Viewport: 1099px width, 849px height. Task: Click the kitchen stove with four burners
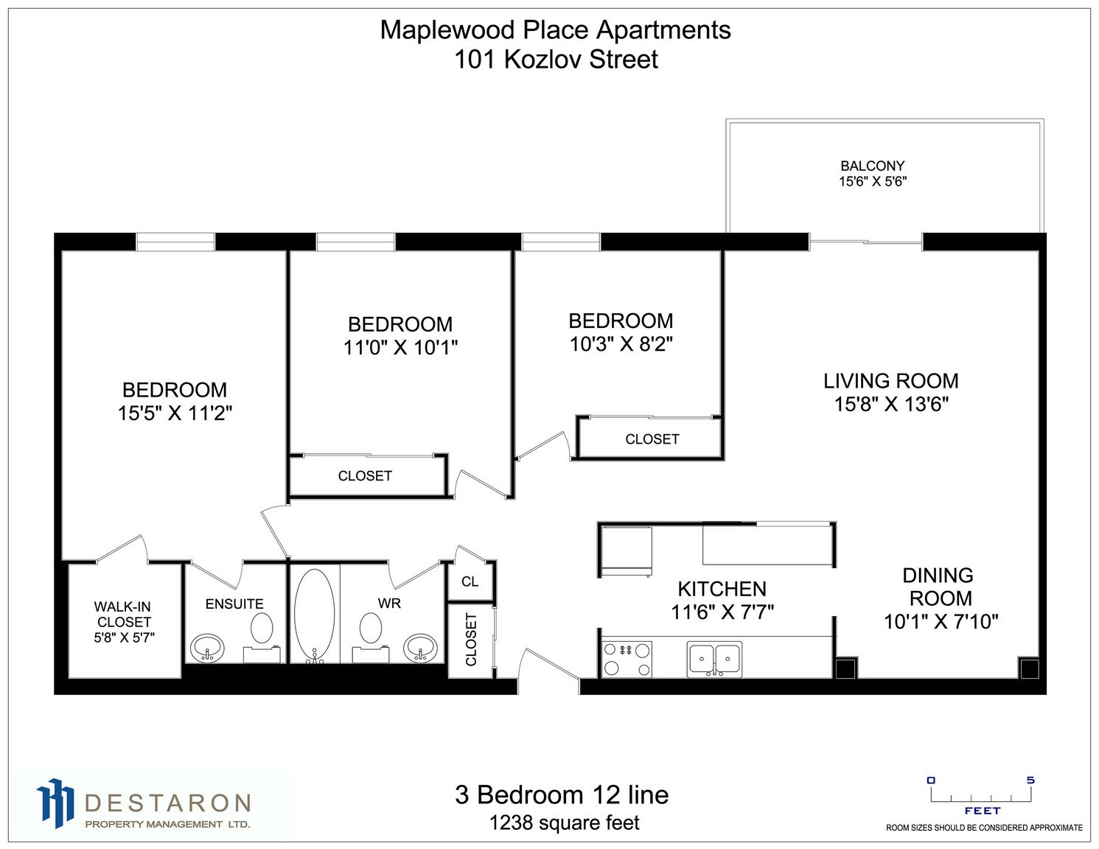click(x=627, y=659)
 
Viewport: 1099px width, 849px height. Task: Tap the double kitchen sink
click(x=714, y=659)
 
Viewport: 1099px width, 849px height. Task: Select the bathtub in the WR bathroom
click(x=314, y=615)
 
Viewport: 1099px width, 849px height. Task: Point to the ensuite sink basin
click(x=207, y=647)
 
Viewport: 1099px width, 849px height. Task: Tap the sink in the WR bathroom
click(x=420, y=647)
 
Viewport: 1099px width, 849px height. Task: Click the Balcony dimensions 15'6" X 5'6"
click(x=873, y=181)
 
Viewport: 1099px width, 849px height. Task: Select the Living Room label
click(x=890, y=381)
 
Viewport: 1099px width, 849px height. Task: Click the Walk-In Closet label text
click(x=124, y=614)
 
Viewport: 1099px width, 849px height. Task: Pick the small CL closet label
click(x=470, y=581)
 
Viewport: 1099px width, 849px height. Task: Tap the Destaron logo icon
click(x=55, y=803)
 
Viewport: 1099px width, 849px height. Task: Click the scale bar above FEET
click(x=981, y=797)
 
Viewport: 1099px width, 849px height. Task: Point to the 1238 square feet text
click(x=564, y=822)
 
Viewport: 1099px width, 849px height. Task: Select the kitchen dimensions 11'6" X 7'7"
click(x=722, y=612)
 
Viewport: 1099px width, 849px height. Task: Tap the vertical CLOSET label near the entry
click(x=471, y=640)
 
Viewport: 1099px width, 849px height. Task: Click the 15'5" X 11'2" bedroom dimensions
click(x=175, y=413)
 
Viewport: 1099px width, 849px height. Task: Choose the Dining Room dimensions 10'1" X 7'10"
click(x=941, y=621)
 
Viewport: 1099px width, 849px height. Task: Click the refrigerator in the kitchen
click(x=626, y=552)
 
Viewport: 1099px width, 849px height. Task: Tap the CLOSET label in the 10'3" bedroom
click(x=652, y=439)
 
